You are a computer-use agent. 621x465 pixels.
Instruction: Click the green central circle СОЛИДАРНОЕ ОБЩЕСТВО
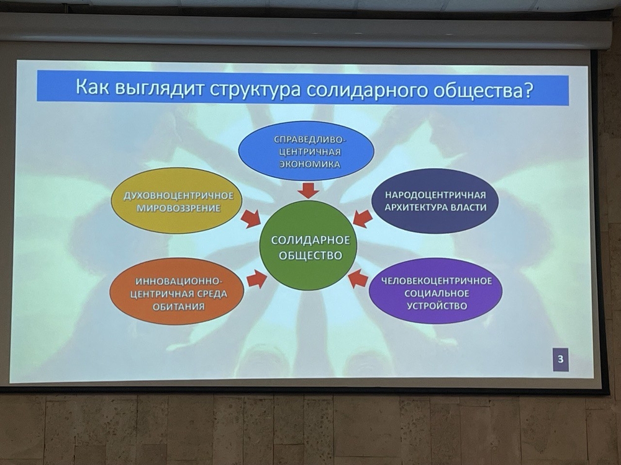[x=308, y=246]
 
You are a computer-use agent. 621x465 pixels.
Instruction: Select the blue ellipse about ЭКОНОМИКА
[x=306, y=151]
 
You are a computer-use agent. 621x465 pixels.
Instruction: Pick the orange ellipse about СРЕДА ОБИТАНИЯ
[x=176, y=293]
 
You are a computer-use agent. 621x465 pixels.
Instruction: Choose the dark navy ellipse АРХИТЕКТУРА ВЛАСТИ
[x=435, y=200]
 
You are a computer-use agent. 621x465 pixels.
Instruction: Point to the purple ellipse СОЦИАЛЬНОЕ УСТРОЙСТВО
[x=436, y=292]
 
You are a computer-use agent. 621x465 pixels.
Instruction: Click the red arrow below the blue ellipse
[x=309, y=190]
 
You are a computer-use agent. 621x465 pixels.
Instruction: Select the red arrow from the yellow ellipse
[x=252, y=219]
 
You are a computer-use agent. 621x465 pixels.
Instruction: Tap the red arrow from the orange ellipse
[x=256, y=279]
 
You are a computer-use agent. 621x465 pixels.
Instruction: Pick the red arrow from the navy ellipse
[x=363, y=218]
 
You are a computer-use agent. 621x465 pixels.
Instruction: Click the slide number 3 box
[x=560, y=360]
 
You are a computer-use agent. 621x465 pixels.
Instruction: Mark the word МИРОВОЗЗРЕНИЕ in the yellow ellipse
[x=179, y=208]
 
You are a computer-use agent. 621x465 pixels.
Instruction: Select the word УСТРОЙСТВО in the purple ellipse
[x=437, y=306]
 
